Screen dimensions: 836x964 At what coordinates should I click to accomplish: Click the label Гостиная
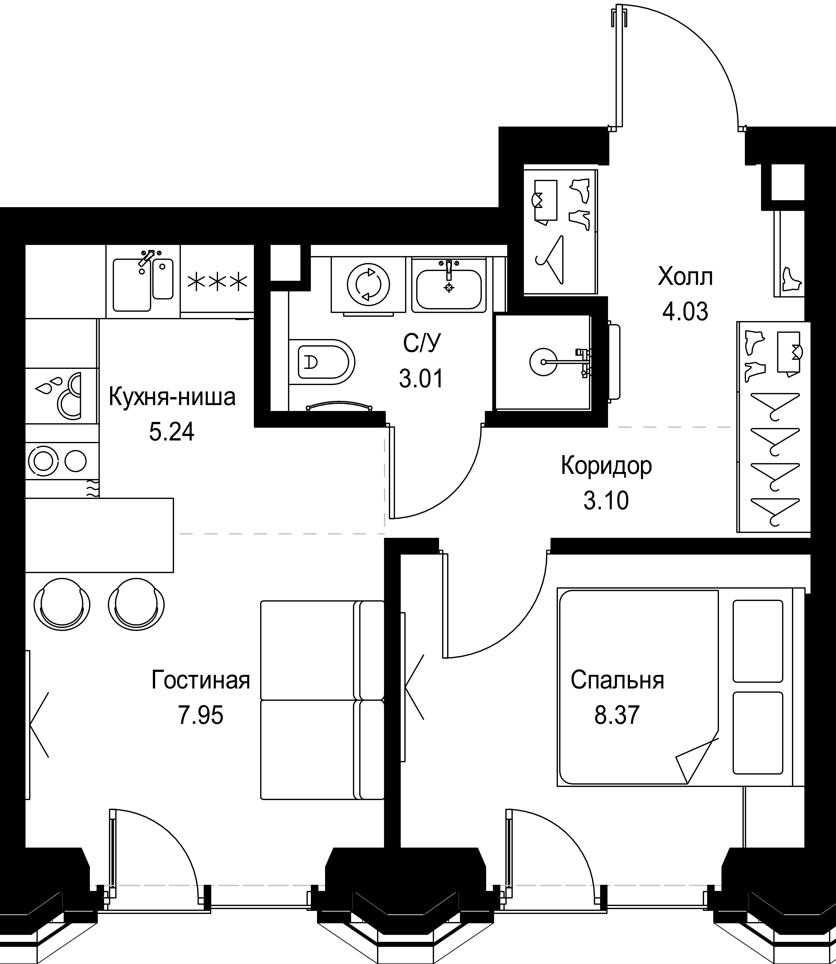pos(201,681)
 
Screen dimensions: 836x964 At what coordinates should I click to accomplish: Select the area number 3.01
pos(421,379)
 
